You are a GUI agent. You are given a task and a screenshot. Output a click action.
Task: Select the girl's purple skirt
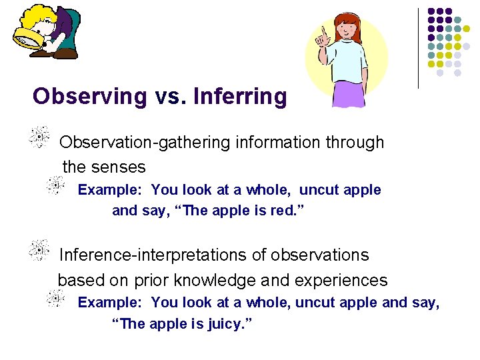click(349, 93)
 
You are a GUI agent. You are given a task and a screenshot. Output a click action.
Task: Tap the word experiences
click(341, 280)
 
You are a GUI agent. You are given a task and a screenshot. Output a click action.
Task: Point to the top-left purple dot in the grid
click(431, 11)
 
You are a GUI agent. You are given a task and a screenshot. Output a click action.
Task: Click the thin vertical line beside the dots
click(418, 47)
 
